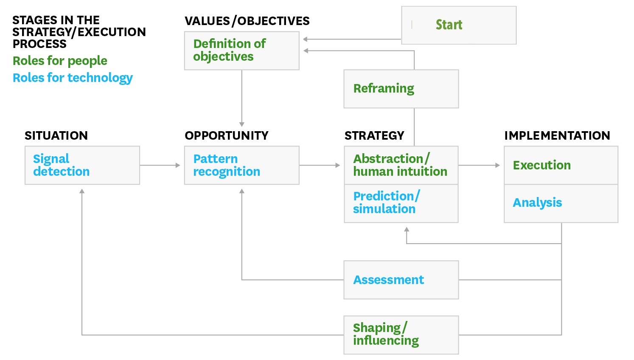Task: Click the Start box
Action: (459, 25)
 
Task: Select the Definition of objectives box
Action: (242, 51)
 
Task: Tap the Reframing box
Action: (401, 89)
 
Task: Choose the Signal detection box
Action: (82, 166)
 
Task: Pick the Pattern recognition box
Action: (242, 166)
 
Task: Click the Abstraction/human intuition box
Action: (401, 166)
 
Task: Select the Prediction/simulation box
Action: (401, 204)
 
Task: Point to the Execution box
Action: (561, 166)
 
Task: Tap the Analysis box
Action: (561, 204)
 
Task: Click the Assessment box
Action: (401, 280)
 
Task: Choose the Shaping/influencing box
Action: (401, 335)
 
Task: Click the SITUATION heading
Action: (56, 136)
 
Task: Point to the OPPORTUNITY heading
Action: (227, 136)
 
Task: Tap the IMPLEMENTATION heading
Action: (557, 136)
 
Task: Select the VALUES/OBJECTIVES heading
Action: (247, 21)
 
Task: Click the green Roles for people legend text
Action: (60, 61)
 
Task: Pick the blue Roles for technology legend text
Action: (73, 78)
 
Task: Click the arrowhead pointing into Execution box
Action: (498, 165)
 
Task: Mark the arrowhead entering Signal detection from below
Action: (82, 191)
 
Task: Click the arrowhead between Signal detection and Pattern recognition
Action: (178, 165)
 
